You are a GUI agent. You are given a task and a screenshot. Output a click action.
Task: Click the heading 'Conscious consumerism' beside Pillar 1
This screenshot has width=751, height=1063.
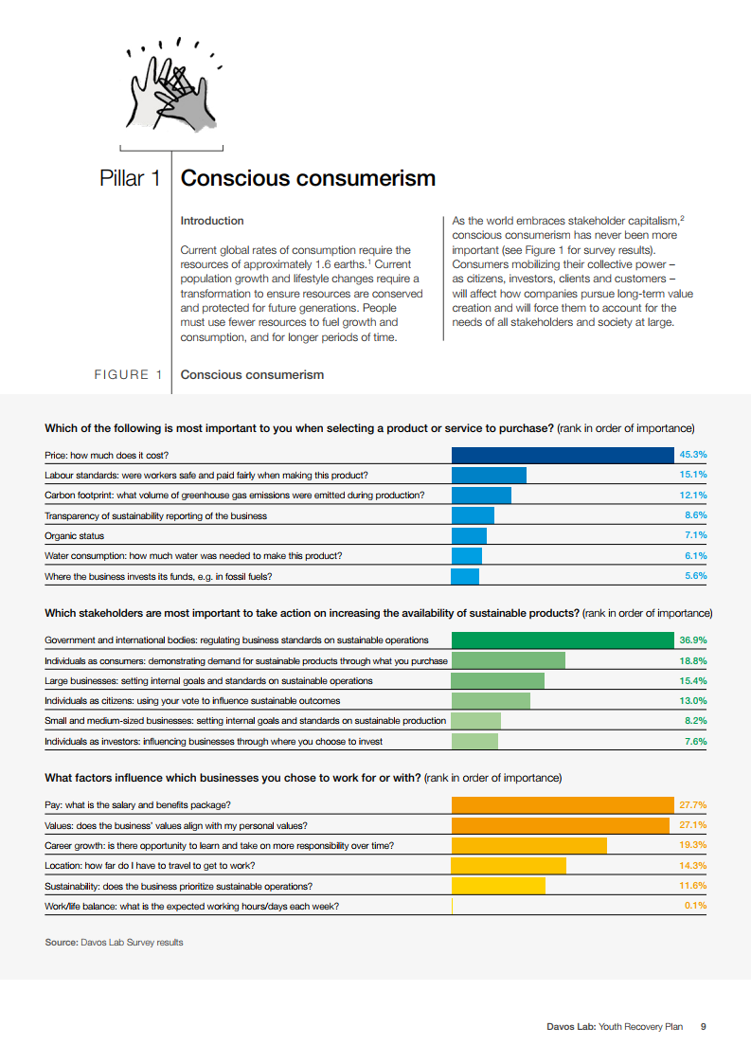coord(308,178)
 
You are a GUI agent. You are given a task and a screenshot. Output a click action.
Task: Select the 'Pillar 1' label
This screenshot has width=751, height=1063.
coord(130,178)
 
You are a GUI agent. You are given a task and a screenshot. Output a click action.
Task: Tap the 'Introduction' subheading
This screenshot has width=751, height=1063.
coord(212,221)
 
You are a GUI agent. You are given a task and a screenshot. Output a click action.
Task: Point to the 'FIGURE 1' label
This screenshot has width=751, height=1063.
coord(121,374)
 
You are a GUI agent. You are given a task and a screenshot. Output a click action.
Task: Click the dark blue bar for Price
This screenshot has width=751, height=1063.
coord(563,455)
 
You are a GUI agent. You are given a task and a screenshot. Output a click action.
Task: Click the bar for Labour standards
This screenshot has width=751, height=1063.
coord(489,475)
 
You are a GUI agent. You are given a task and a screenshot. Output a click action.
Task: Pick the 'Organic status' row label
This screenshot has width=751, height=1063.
coord(75,536)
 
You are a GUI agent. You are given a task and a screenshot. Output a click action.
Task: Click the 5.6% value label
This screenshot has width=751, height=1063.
coord(695,576)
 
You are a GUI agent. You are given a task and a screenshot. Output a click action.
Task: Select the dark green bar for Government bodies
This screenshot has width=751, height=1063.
coord(563,640)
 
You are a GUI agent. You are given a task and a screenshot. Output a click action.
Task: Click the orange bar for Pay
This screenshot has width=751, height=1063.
coord(563,805)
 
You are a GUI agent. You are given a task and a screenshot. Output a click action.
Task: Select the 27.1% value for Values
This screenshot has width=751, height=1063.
coord(693,825)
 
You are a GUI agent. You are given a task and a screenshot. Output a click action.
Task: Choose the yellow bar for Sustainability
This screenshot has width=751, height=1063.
coord(498,886)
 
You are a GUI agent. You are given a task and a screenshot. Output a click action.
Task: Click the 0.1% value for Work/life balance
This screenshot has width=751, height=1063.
coord(695,906)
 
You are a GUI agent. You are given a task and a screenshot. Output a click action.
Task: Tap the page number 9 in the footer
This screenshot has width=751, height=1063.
coord(703,1026)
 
